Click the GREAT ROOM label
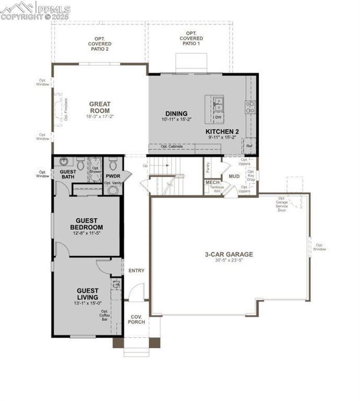[x=99, y=107]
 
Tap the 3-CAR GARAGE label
[x=229, y=255]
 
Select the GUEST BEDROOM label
[x=86, y=224]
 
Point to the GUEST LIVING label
[x=88, y=294]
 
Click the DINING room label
[x=176, y=113]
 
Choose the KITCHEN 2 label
[x=222, y=131]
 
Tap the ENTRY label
[x=136, y=270]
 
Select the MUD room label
[x=234, y=176]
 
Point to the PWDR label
[x=113, y=176]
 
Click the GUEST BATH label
[x=68, y=174]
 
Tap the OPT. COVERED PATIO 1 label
[x=191, y=38]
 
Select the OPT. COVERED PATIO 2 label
[x=99, y=44]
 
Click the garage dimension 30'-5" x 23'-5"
[x=229, y=262]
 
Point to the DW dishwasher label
[x=218, y=117]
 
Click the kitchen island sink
[x=218, y=103]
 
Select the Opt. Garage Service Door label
[x=282, y=204]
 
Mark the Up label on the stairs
[x=145, y=166]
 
